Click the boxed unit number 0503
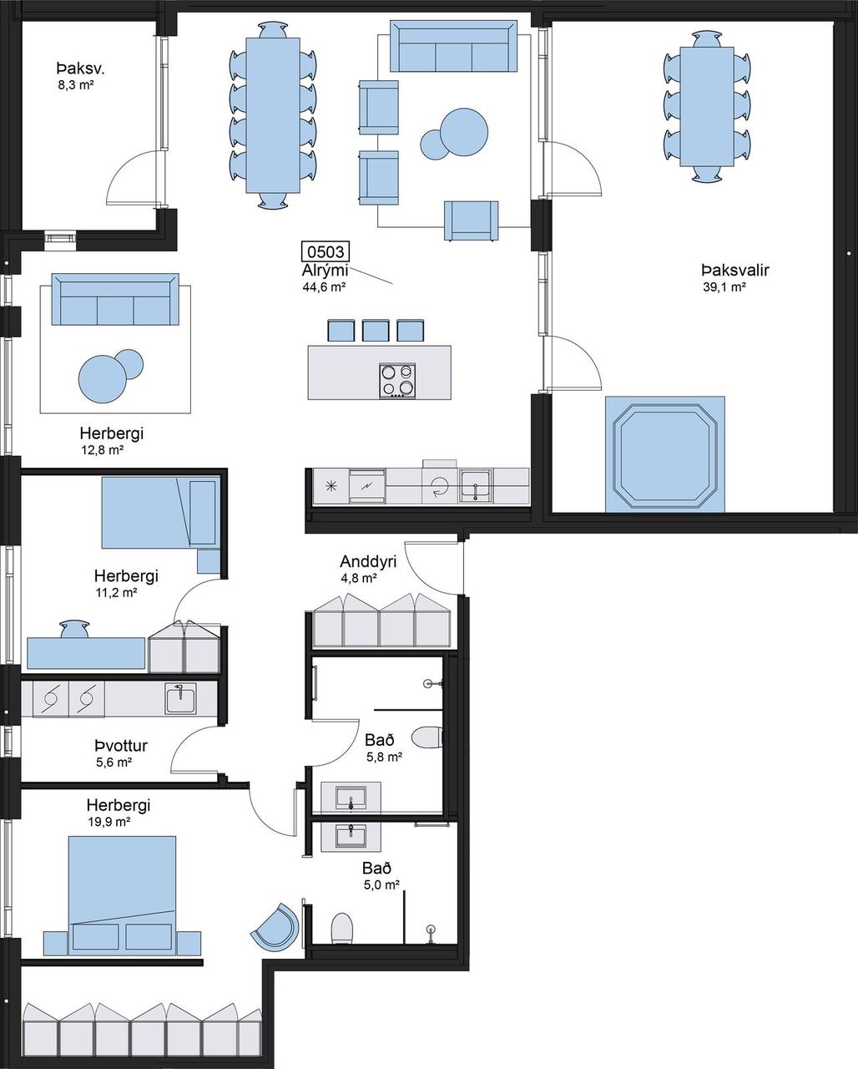(326, 252)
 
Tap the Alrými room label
(325, 271)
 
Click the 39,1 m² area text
(724, 287)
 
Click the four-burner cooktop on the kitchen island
(397, 381)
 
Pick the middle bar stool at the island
(376, 331)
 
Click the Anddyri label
(368, 562)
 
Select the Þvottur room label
(121, 746)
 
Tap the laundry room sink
(181, 698)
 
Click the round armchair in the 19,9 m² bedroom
(275, 926)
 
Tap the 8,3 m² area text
(76, 85)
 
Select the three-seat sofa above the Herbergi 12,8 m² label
(115, 299)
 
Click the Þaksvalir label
(734, 271)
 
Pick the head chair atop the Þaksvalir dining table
(707, 38)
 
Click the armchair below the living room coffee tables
(471, 220)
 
